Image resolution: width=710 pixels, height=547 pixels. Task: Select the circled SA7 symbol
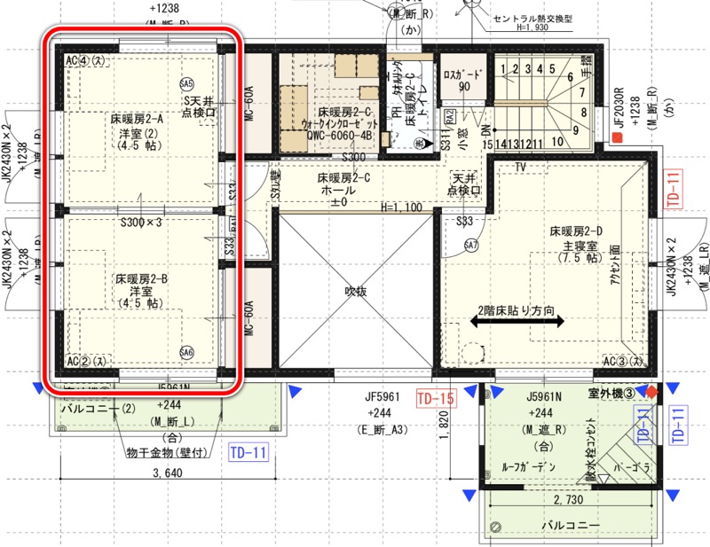pos(471,246)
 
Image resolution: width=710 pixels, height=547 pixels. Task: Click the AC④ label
pos(86,60)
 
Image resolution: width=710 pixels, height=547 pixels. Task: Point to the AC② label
pos(86,362)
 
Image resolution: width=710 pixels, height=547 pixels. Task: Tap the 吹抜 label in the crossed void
pos(356,290)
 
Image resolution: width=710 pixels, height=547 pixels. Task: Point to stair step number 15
pos(488,143)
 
